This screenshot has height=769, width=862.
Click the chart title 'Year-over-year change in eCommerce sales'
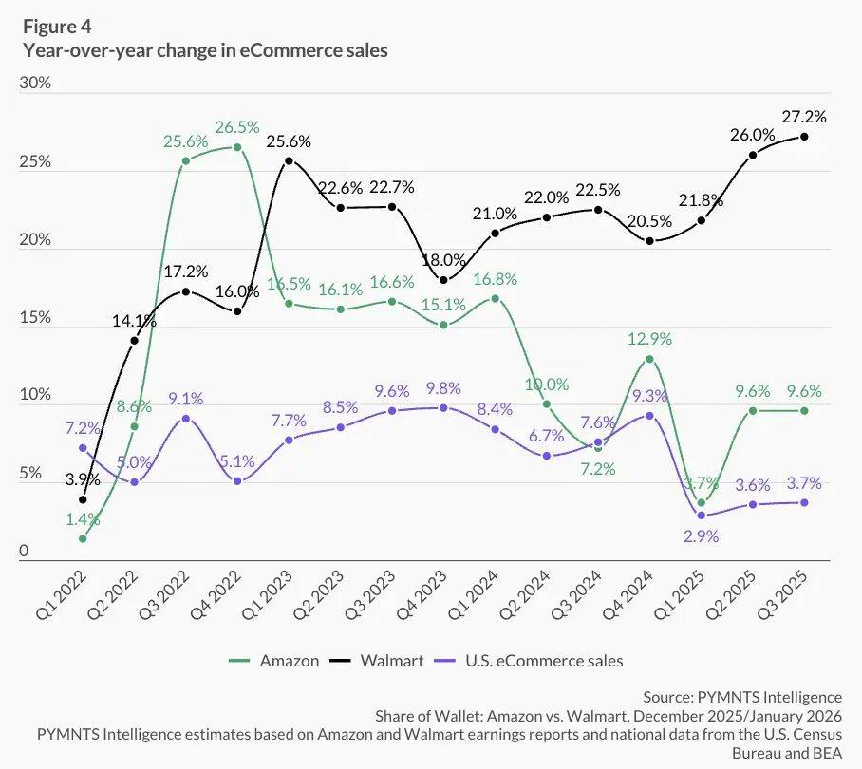(x=205, y=51)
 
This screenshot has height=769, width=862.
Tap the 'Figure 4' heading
(x=57, y=26)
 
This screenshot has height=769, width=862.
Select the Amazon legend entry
(x=275, y=660)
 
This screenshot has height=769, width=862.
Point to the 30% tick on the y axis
(x=35, y=84)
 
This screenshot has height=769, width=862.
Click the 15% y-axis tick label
(x=35, y=318)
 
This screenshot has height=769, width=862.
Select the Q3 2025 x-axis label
(x=792, y=593)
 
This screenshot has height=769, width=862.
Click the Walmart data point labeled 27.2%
(x=805, y=136)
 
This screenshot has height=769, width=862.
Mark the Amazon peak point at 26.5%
(x=237, y=147)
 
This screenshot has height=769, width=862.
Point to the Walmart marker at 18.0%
(x=443, y=279)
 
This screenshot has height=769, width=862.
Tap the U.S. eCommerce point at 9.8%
(x=443, y=407)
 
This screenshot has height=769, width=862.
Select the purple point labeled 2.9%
(x=702, y=516)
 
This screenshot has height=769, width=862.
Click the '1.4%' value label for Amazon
(x=83, y=519)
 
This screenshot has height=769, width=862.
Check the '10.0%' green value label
(x=549, y=384)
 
